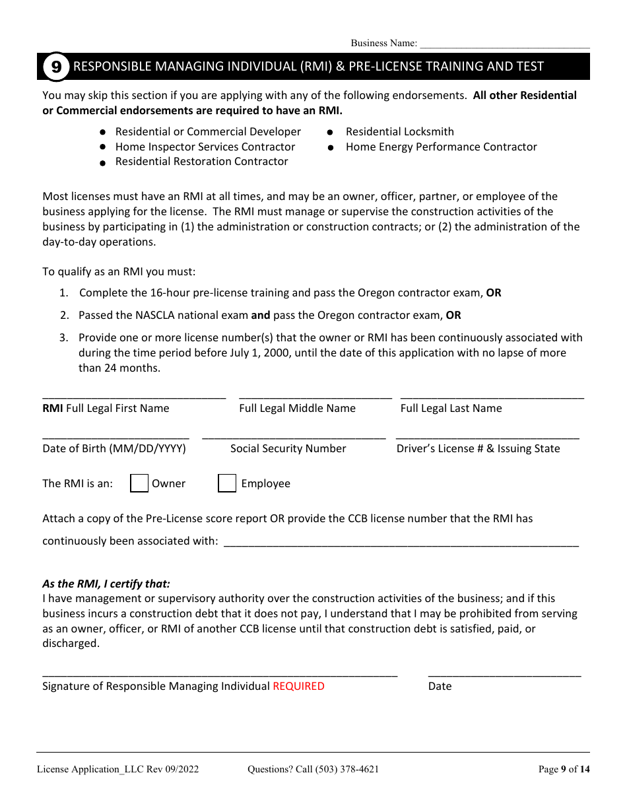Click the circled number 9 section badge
coord(56,67)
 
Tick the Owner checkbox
coord(139,483)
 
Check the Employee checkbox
coord(227,483)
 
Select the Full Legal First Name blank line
coord(134,396)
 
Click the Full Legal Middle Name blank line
coord(315,396)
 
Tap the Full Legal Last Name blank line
coord(492,396)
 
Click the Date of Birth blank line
coord(115,436)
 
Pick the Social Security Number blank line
coord(294,436)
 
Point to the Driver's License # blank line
coord(487,436)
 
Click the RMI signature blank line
coord(220,674)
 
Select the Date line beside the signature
coord(504,674)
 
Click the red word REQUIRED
coord(298,687)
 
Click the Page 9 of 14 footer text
coord(564,769)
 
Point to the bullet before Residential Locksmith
coord(331,133)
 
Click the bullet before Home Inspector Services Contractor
coord(103,147)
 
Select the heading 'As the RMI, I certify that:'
coord(106,584)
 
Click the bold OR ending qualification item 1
coord(494,293)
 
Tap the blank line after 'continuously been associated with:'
coord(401,543)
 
